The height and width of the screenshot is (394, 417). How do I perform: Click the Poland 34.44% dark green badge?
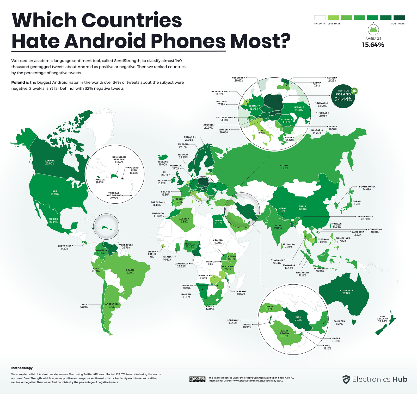click(x=343, y=97)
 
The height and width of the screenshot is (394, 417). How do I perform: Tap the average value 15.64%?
click(x=373, y=45)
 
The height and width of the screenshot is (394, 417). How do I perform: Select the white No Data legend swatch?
click(x=320, y=18)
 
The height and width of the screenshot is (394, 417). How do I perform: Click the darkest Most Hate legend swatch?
click(x=399, y=18)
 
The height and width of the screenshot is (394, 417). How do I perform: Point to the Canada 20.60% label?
click(x=50, y=162)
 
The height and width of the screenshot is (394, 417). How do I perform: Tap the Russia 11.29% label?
click(x=284, y=167)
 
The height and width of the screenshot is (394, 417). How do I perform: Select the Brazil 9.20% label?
click(x=130, y=271)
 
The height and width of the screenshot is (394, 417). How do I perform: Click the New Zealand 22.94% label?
click(x=382, y=319)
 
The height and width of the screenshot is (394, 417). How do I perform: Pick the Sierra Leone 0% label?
click(x=152, y=254)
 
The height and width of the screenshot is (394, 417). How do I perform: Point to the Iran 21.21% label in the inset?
click(x=298, y=318)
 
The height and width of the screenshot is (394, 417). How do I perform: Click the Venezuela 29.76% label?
click(x=126, y=246)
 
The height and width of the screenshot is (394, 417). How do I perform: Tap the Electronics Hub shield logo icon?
click(x=346, y=379)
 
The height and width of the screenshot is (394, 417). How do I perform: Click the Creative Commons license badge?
click(x=198, y=379)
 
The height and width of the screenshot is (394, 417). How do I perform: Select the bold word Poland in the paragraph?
click(x=18, y=82)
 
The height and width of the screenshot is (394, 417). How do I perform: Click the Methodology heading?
click(x=22, y=368)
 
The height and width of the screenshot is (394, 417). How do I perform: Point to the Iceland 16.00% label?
click(x=163, y=163)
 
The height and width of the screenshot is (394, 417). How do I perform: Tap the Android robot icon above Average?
click(x=373, y=29)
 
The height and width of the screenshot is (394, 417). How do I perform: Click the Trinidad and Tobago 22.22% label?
click(x=114, y=196)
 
